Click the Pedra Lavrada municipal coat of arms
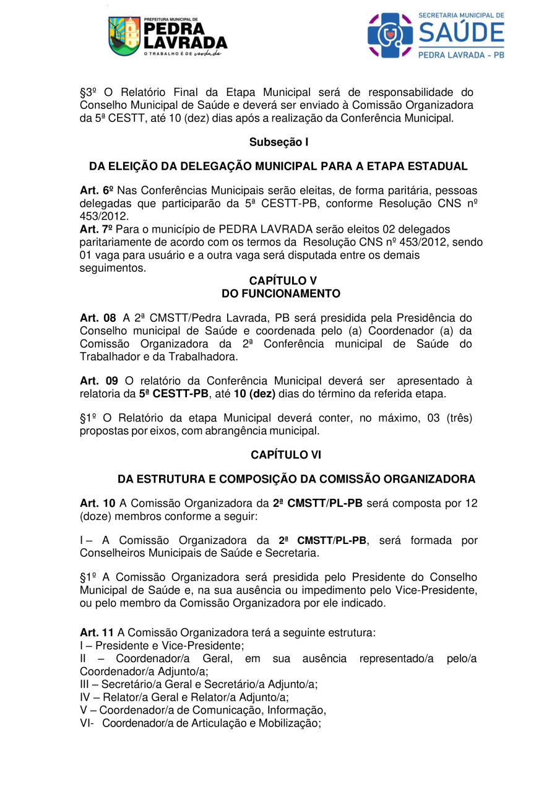point(124,36)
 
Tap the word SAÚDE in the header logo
point(461,32)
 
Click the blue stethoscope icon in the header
point(390,35)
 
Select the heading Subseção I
point(278,142)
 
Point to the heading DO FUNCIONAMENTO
point(281,293)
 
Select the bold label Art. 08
point(98,318)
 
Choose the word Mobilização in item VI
point(288,723)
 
